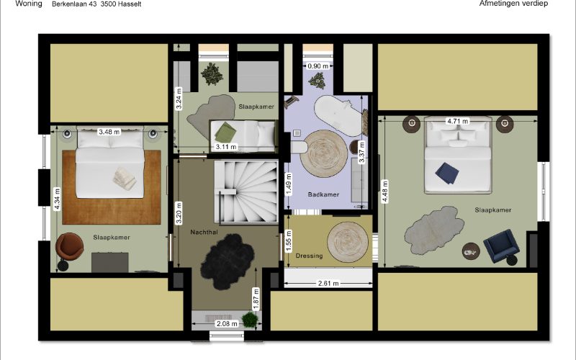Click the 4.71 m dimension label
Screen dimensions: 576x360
pos(457,121)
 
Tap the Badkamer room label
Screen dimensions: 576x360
pos(323,194)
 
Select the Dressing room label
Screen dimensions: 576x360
pos(309,256)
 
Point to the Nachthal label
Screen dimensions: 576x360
pos(204,232)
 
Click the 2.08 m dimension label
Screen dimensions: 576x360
pos(227,323)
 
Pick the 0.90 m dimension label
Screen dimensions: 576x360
pos(318,66)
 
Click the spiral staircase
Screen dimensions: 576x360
pos(246,192)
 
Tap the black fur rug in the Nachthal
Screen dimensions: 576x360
pos(227,261)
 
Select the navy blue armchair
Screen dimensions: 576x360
pos(500,246)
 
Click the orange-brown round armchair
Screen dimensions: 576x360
pos(69,246)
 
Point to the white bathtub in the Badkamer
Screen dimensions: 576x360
pos(338,115)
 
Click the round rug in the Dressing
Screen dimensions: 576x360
pos(348,242)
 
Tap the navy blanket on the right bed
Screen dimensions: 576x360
pos(447,173)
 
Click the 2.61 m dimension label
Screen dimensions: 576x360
pos(328,283)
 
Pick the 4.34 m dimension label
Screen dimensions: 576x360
pos(57,199)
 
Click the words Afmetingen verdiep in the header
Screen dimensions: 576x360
pos(513,4)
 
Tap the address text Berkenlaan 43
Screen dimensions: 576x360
pos(74,4)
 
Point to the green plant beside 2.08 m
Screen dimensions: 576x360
pos(250,319)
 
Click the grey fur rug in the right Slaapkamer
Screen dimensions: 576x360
pos(434,230)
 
